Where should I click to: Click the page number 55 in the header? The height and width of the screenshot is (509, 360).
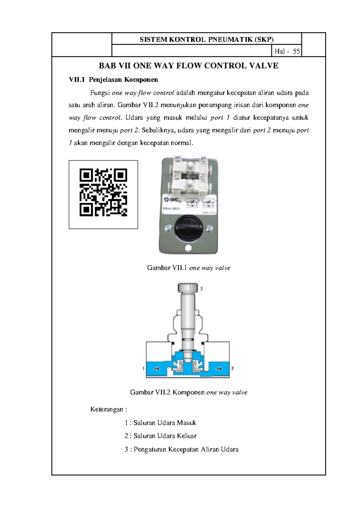(x=296, y=52)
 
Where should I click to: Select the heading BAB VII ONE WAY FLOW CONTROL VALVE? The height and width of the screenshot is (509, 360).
(x=189, y=66)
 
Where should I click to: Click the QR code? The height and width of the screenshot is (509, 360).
(x=103, y=192)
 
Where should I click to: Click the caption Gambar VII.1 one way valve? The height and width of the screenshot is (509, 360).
(x=189, y=268)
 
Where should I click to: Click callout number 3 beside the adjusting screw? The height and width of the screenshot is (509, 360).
(x=202, y=289)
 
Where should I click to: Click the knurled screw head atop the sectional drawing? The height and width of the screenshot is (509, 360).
(x=187, y=288)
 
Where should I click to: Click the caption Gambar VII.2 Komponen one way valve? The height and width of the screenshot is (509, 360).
(x=189, y=393)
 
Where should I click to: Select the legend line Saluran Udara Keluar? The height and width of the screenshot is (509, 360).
(x=160, y=436)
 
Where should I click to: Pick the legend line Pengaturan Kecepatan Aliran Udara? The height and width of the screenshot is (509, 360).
(x=181, y=450)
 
